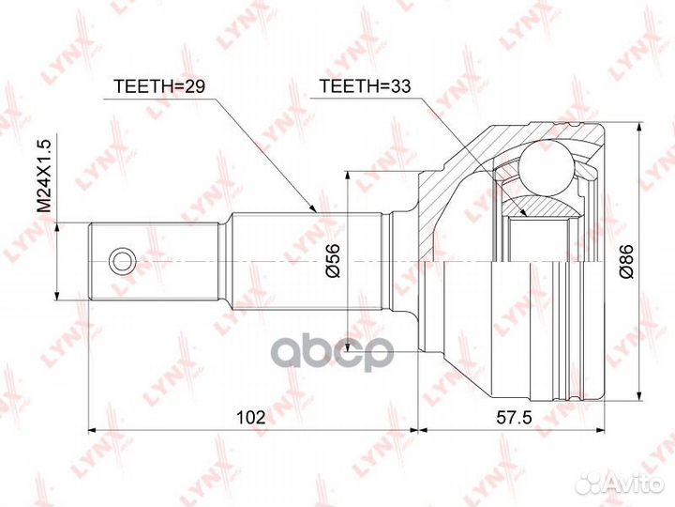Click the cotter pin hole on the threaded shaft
tap(121, 260)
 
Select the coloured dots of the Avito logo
tap(592, 483)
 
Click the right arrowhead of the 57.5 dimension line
tap(601, 431)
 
